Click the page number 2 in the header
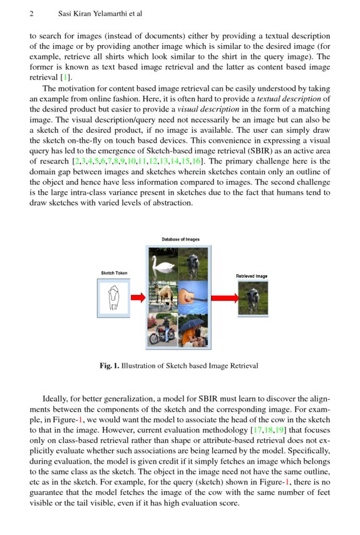[31, 13]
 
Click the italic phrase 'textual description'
[291, 98]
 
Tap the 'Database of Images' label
[180, 239]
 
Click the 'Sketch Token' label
[114, 273]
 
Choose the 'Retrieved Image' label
[252, 276]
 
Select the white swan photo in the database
[163, 263]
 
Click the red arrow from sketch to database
[138, 297]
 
